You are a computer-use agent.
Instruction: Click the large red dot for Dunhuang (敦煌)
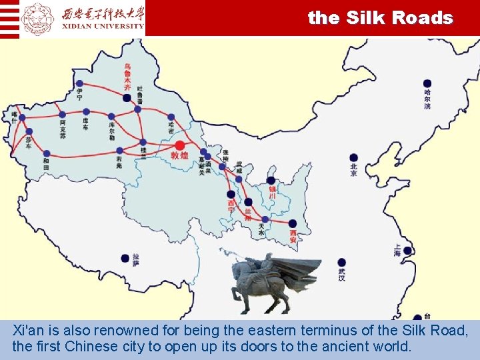coord(179,145)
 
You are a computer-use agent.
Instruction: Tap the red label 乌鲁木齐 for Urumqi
coord(127,77)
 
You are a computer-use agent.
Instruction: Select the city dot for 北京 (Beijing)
coord(354,158)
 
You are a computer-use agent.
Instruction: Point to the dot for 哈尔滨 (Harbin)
coord(427,84)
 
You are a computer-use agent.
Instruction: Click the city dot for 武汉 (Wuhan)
coord(341,262)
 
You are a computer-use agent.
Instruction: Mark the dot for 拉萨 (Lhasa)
coord(125,258)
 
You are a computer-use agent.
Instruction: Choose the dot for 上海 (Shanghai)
coord(407,251)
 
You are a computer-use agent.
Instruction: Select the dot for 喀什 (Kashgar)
coord(22,118)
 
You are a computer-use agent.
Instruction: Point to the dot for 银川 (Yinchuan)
coord(271,180)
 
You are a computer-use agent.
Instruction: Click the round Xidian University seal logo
coord(37,18)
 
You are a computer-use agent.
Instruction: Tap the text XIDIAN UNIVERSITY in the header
coord(103,26)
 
